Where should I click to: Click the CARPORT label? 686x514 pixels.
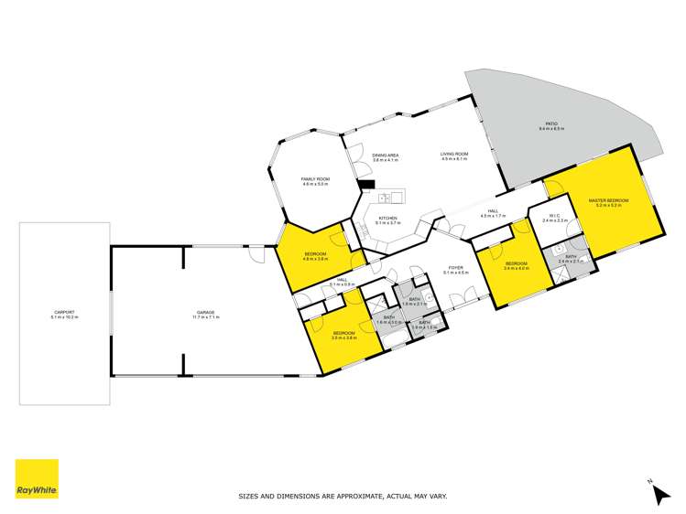click(x=64, y=313)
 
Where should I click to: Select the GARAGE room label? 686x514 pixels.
click(x=203, y=313)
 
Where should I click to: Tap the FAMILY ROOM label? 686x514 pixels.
click(x=315, y=179)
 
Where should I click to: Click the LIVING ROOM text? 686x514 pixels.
click(x=453, y=154)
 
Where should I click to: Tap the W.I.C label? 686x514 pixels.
click(x=555, y=216)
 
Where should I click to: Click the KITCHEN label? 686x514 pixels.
click(x=389, y=216)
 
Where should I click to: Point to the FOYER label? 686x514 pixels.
click(x=455, y=268)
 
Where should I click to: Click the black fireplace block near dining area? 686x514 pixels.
click(x=366, y=184)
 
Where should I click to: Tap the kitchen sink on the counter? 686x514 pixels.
click(x=387, y=196)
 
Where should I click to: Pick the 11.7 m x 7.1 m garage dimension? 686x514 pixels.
click(x=203, y=317)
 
